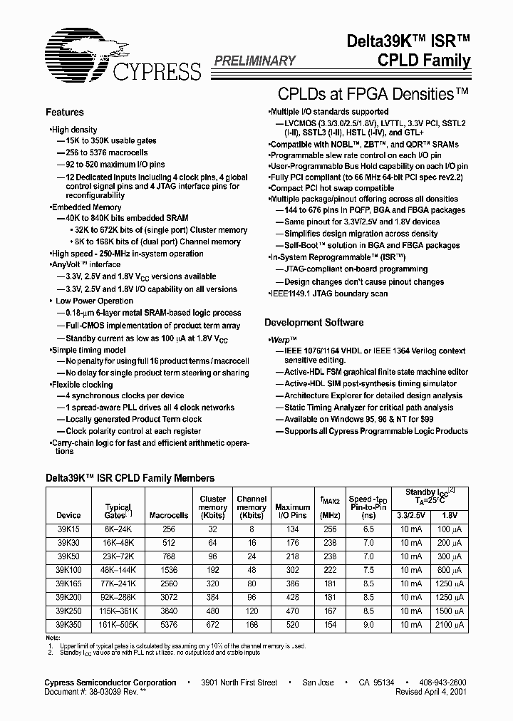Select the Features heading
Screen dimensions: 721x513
(x=65, y=113)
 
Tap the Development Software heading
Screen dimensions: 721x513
(x=313, y=323)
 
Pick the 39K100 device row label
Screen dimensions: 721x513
(x=68, y=571)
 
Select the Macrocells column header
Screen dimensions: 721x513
(x=169, y=515)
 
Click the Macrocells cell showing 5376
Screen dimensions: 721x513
(x=169, y=625)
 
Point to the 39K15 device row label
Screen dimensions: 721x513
(x=68, y=530)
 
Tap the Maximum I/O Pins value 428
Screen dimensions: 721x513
(x=292, y=598)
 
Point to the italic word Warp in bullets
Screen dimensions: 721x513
(x=283, y=341)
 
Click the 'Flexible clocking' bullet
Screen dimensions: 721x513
(x=82, y=384)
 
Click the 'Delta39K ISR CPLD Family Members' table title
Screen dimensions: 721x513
(x=130, y=479)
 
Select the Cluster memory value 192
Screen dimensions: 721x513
(x=213, y=571)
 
